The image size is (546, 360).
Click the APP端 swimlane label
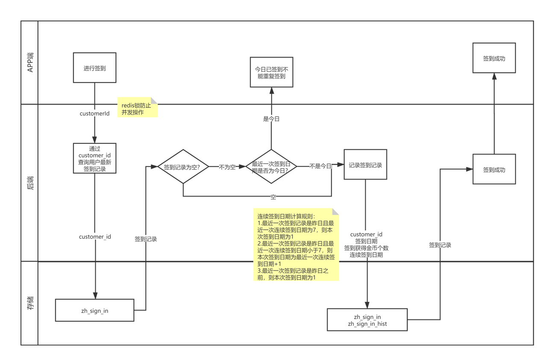pyautogui.click(x=30, y=62)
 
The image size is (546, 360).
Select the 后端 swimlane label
pyautogui.click(x=30, y=182)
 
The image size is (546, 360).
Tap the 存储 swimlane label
pyautogui.click(x=30, y=302)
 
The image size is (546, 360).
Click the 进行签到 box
pyautogui.click(x=94, y=68)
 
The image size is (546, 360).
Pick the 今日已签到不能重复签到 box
pyautogui.click(x=271, y=73)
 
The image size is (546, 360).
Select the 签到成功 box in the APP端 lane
pyautogui.click(x=494, y=58)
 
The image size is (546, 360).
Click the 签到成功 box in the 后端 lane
pyautogui.click(x=494, y=170)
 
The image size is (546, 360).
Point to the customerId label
pyautogui.click(x=94, y=114)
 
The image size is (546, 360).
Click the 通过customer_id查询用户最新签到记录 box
pyautogui.click(x=94, y=158)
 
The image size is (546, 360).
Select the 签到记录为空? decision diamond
pyautogui.click(x=182, y=167)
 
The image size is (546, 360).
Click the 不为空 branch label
pyautogui.click(x=227, y=167)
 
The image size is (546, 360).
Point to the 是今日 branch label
pyautogui.click(x=271, y=119)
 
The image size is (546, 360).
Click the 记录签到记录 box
pyautogui.click(x=365, y=165)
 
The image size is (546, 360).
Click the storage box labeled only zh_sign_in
pyautogui.click(x=94, y=310)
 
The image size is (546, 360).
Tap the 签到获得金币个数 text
pyautogui.click(x=366, y=248)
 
